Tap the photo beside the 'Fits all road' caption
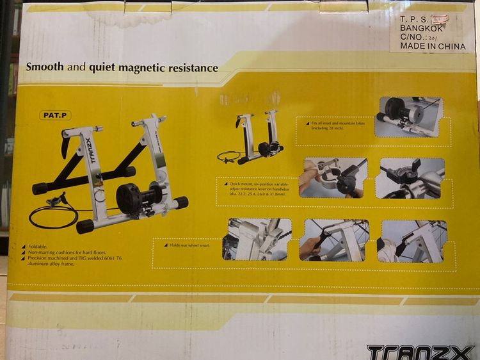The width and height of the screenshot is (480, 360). point(408,117)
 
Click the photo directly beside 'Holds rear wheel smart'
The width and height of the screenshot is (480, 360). point(257,239)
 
